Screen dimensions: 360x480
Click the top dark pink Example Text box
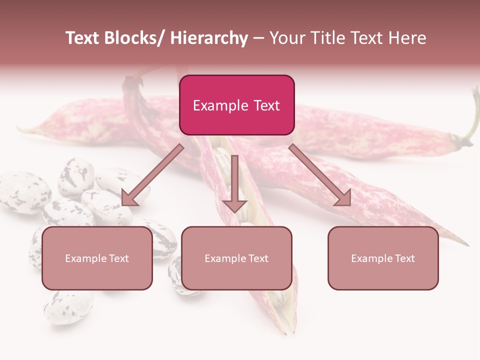236,105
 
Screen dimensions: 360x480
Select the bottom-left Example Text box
97,258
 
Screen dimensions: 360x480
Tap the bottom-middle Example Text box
236,258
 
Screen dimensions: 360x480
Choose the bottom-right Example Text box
383,258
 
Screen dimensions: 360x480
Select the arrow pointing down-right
320,175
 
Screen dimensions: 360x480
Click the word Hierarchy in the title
209,38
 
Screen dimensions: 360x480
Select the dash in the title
258,38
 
